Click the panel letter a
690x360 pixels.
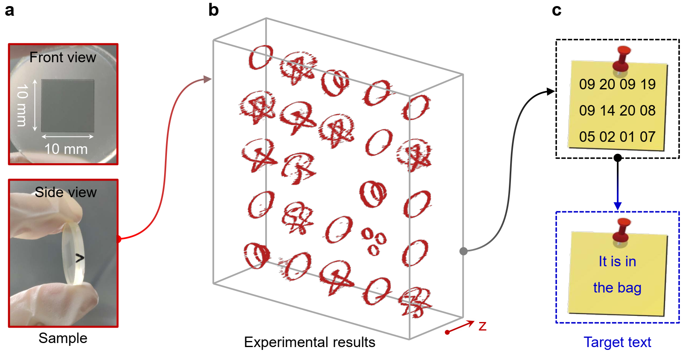(9, 10)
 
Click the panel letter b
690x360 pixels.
(213, 10)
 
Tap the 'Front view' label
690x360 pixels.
(63, 58)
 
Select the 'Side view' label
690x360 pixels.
(65, 192)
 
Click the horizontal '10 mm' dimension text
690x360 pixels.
(66, 149)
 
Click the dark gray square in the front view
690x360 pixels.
(68, 105)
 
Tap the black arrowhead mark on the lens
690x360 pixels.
(80, 258)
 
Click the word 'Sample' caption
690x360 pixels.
(63, 338)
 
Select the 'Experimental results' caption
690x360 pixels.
(309, 342)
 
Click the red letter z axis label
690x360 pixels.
(482, 326)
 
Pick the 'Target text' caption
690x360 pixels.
(617, 342)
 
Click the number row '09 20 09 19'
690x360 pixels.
(617, 84)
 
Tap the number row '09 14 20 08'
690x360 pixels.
(617, 110)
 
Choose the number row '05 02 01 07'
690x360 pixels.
(617, 137)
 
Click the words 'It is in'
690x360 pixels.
(617, 262)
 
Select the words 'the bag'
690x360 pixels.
(617, 288)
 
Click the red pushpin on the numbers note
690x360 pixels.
(622, 59)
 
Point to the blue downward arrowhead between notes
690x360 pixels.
(617, 206)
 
